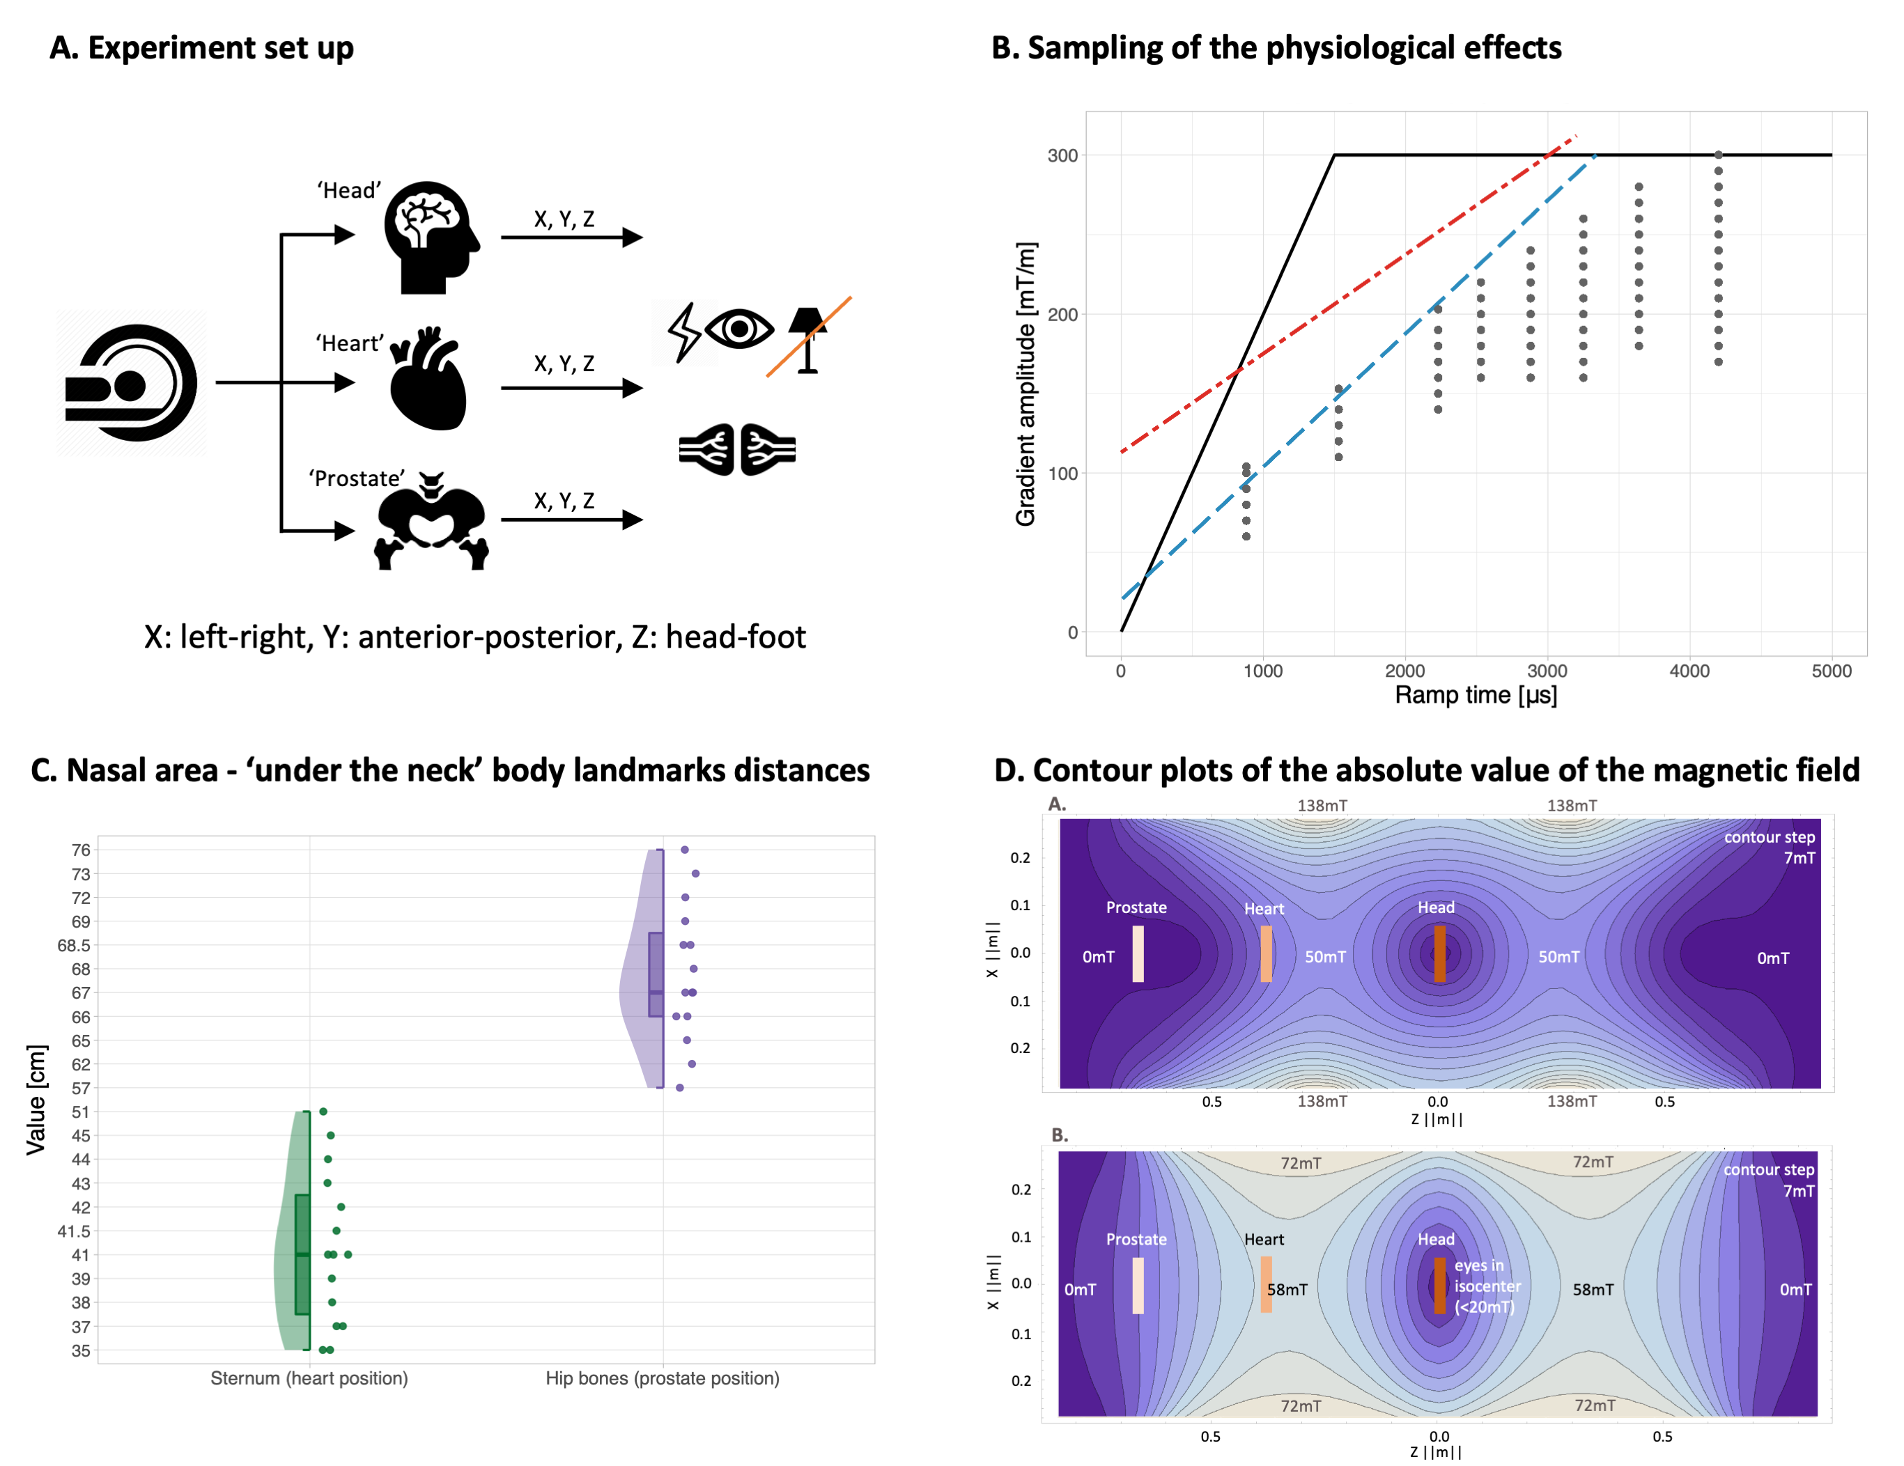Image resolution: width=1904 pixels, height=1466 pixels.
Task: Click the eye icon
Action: pos(738,329)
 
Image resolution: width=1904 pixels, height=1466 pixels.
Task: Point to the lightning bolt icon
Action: pos(683,332)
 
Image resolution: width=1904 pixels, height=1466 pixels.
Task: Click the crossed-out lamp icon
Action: pos(808,338)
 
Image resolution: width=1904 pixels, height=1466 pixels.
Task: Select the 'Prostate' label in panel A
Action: pos(357,478)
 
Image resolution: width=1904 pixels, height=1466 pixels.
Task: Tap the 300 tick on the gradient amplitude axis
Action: pos(1062,156)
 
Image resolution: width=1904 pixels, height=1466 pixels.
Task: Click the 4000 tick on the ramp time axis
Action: pos(1689,671)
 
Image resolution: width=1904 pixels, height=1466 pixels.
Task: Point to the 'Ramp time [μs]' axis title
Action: pos(1475,696)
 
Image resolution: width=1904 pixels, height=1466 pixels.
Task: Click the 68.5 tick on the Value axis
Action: pos(73,946)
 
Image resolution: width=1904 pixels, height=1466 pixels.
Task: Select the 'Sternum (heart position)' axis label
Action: pos(309,1378)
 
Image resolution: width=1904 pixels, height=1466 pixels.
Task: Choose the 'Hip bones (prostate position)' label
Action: pos(662,1378)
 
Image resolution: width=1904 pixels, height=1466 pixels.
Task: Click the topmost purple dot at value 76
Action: pos(684,850)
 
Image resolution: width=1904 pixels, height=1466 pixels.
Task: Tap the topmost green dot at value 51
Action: pos(323,1112)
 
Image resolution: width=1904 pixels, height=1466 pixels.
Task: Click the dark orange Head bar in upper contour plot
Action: pos(1439,953)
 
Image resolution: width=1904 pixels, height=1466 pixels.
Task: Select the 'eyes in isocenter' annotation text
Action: pos(1487,1286)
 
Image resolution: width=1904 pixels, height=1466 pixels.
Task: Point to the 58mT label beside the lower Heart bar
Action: pos(1287,1289)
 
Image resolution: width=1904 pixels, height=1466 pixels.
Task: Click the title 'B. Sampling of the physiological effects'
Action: pos(1276,48)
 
